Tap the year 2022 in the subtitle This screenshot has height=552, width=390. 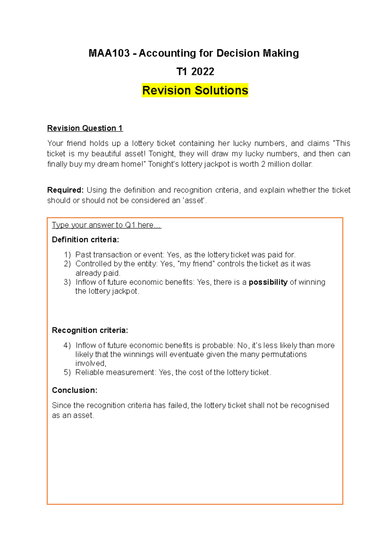[203, 72]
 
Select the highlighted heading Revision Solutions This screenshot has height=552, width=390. [195, 90]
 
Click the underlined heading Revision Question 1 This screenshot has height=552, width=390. [85, 128]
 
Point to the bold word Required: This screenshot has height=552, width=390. [65, 190]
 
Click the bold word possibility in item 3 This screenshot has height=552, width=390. [268, 282]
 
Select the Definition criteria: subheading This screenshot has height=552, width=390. [85, 240]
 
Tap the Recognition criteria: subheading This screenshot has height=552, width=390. [90, 330]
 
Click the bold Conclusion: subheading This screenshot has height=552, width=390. [74, 390]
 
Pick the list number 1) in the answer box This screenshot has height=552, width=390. [67, 255]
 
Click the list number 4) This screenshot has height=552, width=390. [67, 346]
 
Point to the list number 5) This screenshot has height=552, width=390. [67, 373]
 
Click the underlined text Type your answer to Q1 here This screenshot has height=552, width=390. [106, 225]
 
